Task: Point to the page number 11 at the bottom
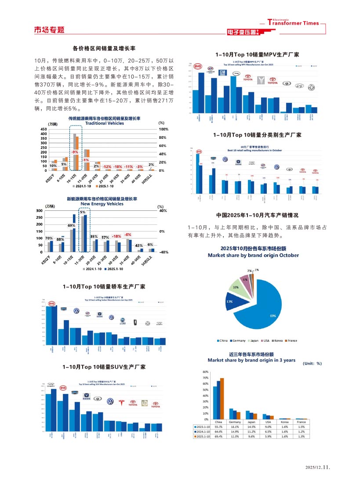pyautogui.click(x=326, y=468)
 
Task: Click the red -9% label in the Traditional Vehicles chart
pyautogui.click(x=75, y=152)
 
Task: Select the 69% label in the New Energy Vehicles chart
pyautogui.click(x=71, y=225)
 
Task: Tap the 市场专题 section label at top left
pyautogui.click(x=49, y=30)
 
